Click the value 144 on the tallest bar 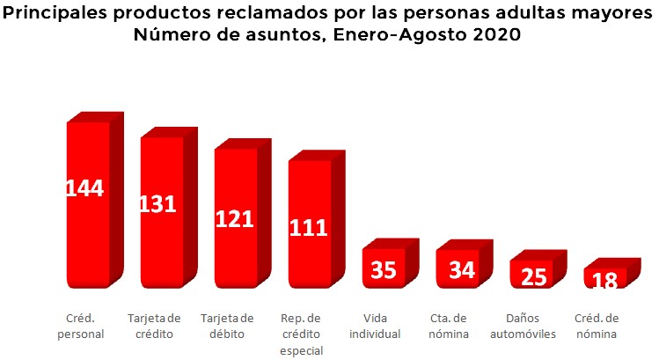pyautogui.click(x=85, y=188)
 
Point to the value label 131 pyautogui.click(x=158, y=204)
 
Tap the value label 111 pyautogui.click(x=309, y=228)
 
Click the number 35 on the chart pyautogui.click(x=383, y=270)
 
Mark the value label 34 pyautogui.click(x=457, y=270)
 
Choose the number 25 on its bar pyautogui.click(x=530, y=277)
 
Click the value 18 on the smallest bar pyautogui.click(x=604, y=281)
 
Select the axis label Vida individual pyautogui.click(x=381, y=326)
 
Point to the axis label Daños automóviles pyautogui.click(x=531, y=326)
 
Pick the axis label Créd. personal pyautogui.click(x=85, y=326)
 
